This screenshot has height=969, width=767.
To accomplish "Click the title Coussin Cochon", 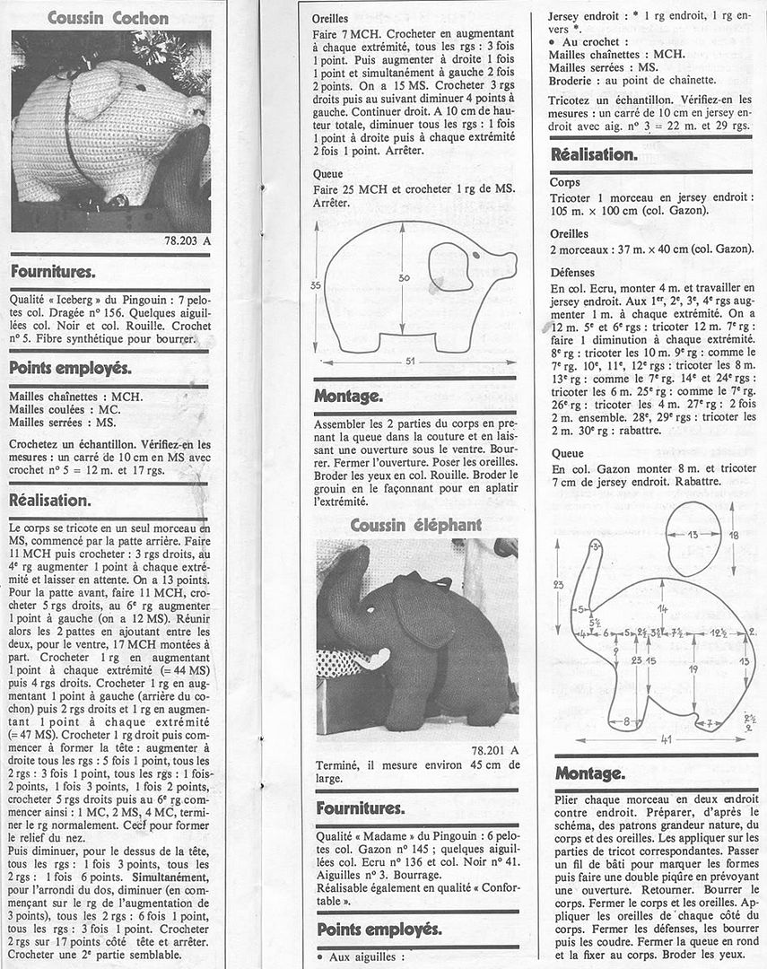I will pos(108,17).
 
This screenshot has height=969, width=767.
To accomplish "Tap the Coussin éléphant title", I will pos(415,524).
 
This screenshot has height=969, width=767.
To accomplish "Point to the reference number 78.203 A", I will pos(187,240).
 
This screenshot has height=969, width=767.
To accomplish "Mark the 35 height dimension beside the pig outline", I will pos(314,284).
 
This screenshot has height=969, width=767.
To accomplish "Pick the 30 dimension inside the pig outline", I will pos(405,278).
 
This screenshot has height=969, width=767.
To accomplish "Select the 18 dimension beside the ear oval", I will pos(735,535).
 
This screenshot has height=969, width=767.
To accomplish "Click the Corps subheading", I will pos(564,182).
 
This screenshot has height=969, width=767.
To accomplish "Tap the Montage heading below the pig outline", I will pos(348,396).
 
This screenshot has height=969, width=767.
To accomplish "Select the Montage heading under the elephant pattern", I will pos(588,773).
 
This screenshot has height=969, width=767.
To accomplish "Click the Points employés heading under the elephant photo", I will pos(379,929).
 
